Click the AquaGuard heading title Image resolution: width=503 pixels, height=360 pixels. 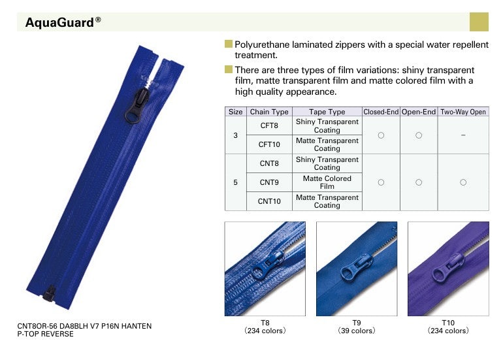click(63, 22)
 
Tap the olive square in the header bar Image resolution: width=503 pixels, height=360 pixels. click(479, 22)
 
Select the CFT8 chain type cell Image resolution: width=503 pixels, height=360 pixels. click(269, 125)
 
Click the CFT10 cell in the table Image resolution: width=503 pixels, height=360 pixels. click(269, 144)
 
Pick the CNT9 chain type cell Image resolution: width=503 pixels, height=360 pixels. click(269, 182)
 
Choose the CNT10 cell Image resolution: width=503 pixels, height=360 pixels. click(269, 201)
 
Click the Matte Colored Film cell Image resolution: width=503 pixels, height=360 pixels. click(327, 182)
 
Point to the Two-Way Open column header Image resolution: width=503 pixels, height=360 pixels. click(463, 112)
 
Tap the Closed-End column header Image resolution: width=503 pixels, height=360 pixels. click(381, 112)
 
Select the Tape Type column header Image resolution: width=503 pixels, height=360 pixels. click(327, 112)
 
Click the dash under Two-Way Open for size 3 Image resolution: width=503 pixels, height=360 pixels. click(463, 135)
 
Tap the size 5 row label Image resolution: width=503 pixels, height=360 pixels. click(235, 182)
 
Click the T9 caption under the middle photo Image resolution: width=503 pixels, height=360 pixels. click(357, 323)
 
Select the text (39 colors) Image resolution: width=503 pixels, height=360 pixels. click(357, 331)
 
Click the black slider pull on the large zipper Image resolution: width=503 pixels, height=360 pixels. click(137, 106)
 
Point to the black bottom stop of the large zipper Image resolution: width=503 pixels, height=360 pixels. click(50, 293)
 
